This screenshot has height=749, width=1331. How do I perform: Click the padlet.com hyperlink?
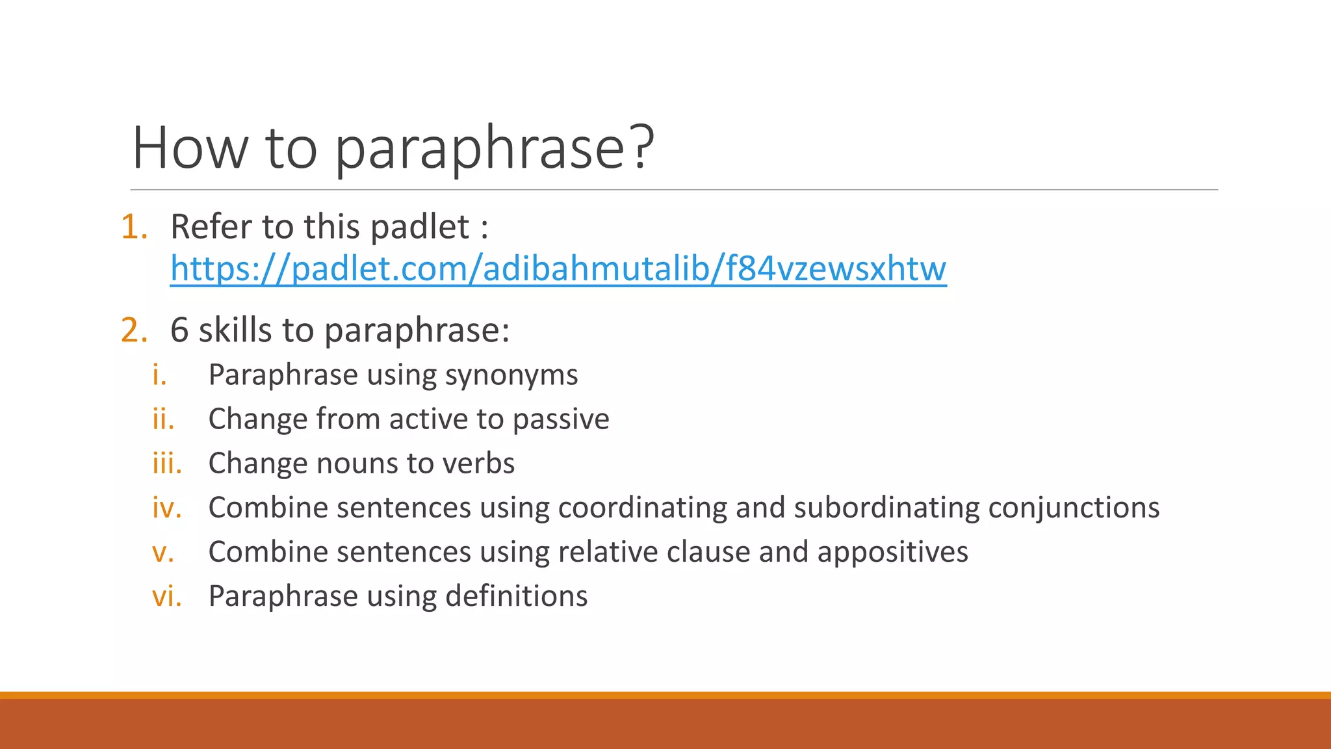[558, 269]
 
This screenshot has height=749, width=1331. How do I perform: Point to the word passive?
[561, 420]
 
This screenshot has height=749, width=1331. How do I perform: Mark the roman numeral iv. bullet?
[166, 508]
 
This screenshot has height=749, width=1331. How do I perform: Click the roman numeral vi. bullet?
[166, 596]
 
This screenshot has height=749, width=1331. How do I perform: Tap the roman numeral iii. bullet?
[167, 464]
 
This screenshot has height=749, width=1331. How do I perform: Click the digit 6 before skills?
[179, 330]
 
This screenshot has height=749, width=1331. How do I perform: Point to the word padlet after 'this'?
[420, 228]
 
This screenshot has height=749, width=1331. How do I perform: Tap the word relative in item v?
[608, 552]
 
